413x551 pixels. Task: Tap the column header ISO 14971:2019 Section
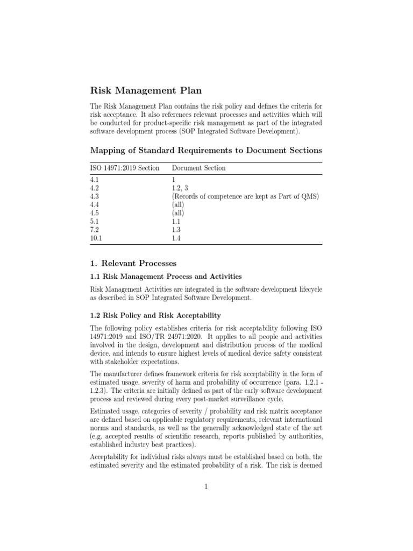coord(125,168)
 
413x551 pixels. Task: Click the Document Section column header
coord(198,168)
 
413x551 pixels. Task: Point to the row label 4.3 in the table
coord(95,197)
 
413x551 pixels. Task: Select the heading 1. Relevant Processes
coord(133,263)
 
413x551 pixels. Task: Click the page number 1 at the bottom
coord(206,488)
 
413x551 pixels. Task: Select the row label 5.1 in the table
coord(95,222)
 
